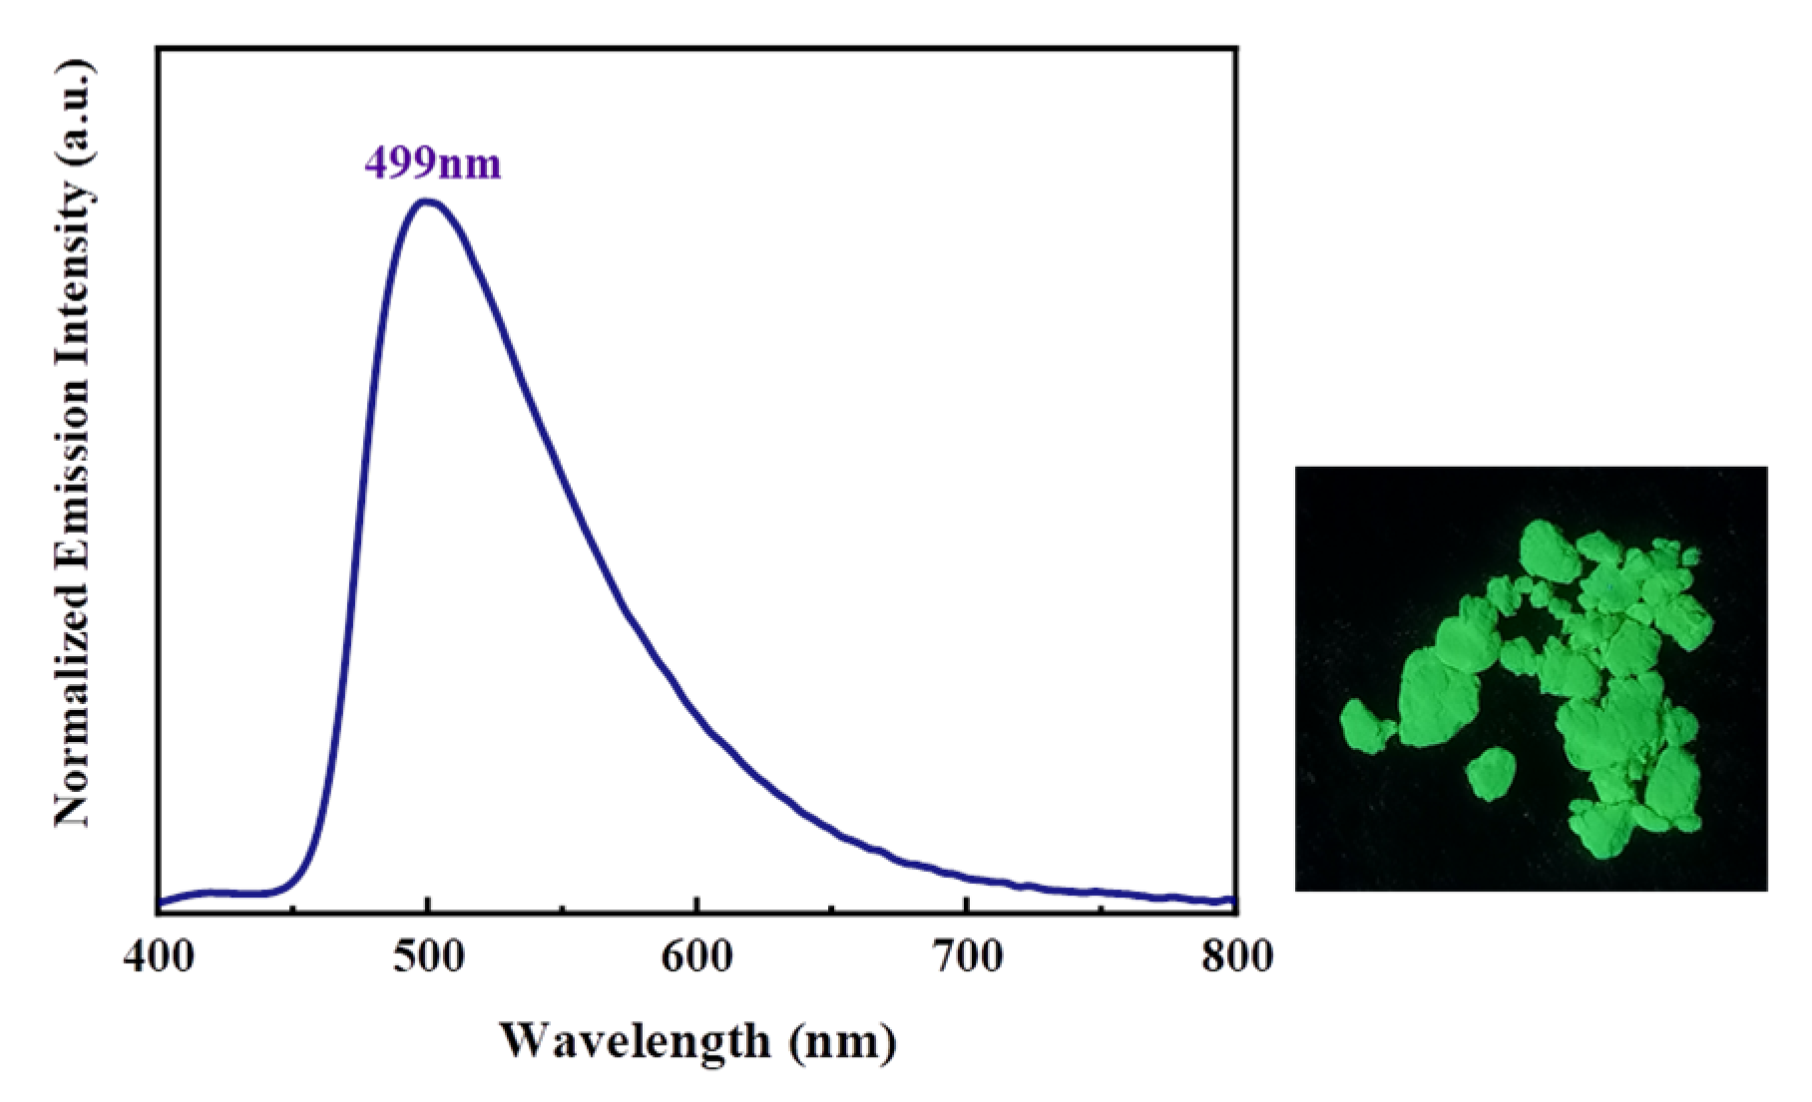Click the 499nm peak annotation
point(432,162)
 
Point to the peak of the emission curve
point(428,201)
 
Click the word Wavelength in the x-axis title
point(635,1041)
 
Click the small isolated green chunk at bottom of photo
point(1492,774)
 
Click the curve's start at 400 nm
point(160,903)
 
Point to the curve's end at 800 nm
point(1235,901)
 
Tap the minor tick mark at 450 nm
point(293,909)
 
